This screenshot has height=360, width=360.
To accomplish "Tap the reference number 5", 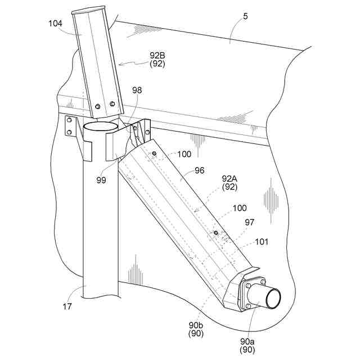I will [x=245, y=17].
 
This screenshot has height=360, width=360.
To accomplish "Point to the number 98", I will [x=137, y=91].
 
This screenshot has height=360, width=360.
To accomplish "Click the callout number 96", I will [x=199, y=169].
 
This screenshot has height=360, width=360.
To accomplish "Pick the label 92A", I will [x=229, y=178].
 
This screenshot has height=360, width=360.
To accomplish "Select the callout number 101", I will [x=262, y=242].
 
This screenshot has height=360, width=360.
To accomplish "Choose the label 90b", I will [x=196, y=325].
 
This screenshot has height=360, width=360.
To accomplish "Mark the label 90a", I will [x=248, y=341].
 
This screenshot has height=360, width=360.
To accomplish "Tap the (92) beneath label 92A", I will [x=229, y=187].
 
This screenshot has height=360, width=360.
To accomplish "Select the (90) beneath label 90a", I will [x=248, y=350].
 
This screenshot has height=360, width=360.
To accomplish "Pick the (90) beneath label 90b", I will [x=196, y=334].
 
